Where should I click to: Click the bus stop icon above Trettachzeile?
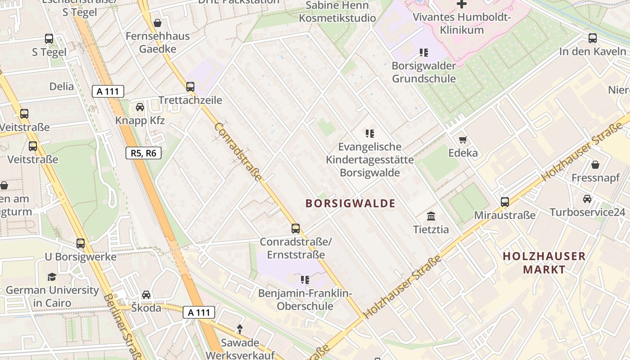click(190, 86)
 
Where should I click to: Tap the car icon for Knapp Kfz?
click(140, 107)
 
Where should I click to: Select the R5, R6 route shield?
click(144, 153)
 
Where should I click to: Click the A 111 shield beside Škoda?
click(199, 312)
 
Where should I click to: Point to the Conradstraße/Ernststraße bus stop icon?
click(296, 229)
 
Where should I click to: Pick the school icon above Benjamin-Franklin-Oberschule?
click(305, 280)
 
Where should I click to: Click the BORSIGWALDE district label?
click(351, 203)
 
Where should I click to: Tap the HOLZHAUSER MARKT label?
click(544, 263)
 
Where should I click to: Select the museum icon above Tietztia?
click(431, 216)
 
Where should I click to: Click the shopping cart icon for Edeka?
click(463, 139)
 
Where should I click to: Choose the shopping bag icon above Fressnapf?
click(595, 165)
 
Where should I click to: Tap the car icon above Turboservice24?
click(587, 199)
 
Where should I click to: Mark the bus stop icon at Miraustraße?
click(505, 202)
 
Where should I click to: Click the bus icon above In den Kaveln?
click(593, 38)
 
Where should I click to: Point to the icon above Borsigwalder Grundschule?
click(423, 53)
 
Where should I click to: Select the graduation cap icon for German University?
click(52, 277)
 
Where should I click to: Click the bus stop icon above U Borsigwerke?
click(81, 243)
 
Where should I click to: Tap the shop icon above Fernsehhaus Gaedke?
click(157, 22)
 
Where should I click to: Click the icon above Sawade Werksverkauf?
click(240, 330)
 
